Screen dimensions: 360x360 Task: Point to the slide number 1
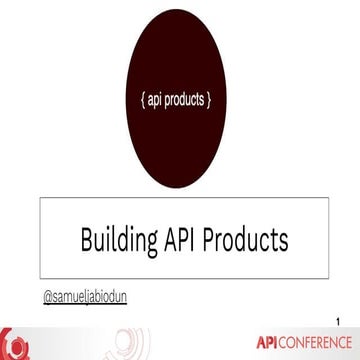coord(341,320)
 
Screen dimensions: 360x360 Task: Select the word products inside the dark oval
coord(188,101)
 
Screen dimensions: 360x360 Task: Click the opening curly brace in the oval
coord(140,101)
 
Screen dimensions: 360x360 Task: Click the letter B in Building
coord(87,240)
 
